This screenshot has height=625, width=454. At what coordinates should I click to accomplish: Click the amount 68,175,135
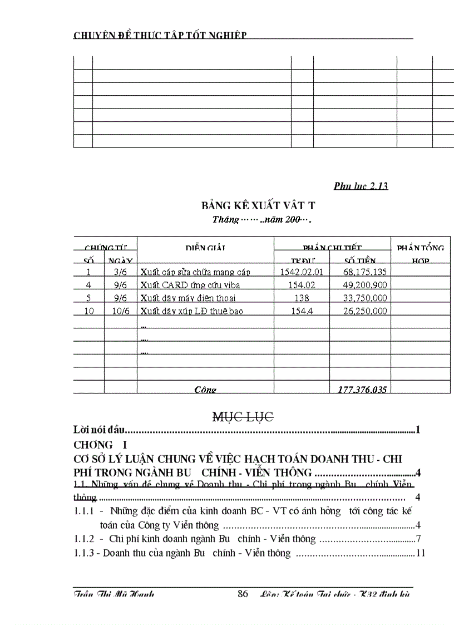point(365,272)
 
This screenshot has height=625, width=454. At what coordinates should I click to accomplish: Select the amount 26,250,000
point(365,311)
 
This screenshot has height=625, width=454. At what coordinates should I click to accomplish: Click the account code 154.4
point(302,311)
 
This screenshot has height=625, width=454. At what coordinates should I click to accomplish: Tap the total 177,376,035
point(362,390)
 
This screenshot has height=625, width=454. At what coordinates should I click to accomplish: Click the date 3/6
point(120,272)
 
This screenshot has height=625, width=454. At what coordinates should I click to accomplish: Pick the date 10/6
point(120,311)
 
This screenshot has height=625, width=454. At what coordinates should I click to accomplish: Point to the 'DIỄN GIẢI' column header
point(205,248)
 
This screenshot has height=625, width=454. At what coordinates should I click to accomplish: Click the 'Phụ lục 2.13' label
point(361,186)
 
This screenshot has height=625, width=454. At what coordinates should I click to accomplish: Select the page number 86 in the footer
point(243,594)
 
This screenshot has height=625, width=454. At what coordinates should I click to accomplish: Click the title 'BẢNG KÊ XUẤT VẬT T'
point(259,205)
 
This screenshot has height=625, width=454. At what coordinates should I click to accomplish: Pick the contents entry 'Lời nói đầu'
point(98,430)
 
